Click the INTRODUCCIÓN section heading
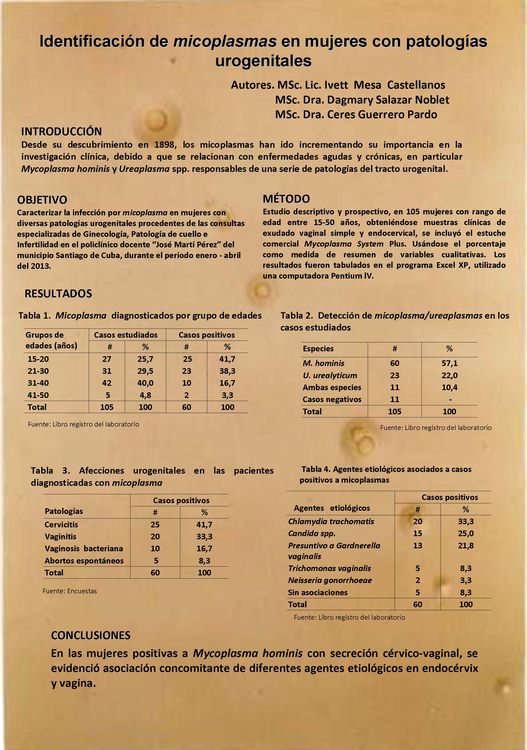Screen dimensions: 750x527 [61, 131]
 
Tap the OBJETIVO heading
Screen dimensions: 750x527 [42, 200]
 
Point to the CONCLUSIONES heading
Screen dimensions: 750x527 [91, 635]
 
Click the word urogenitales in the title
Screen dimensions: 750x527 [263, 61]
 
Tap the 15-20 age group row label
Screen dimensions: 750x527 [38, 359]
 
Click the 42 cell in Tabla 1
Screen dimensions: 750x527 [107, 383]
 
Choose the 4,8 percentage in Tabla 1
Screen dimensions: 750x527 [145, 395]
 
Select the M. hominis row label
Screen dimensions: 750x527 [323, 363]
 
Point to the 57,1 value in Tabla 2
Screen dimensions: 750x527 [449, 363]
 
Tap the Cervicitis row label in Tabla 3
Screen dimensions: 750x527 [61, 525]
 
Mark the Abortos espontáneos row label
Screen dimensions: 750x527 [84, 561]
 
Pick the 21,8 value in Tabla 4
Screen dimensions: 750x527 [466, 545]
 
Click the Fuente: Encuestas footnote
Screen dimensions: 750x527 [70, 591]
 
